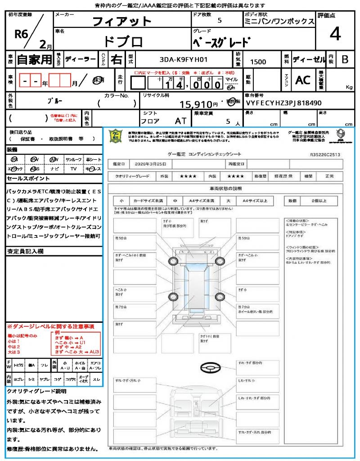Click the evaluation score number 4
(x=335, y=34)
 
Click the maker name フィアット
(x=122, y=21)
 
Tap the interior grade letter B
(x=345, y=59)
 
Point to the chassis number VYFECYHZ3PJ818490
(x=283, y=103)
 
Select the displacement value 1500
(x=258, y=62)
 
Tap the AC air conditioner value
(x=303, y=80)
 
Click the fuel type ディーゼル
(x=309, y=59)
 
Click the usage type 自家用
(x=35, y=59)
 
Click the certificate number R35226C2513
(x=325, y=154)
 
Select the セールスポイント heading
(x=24, y=178)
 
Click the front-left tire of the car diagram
(x=173, y=262)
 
